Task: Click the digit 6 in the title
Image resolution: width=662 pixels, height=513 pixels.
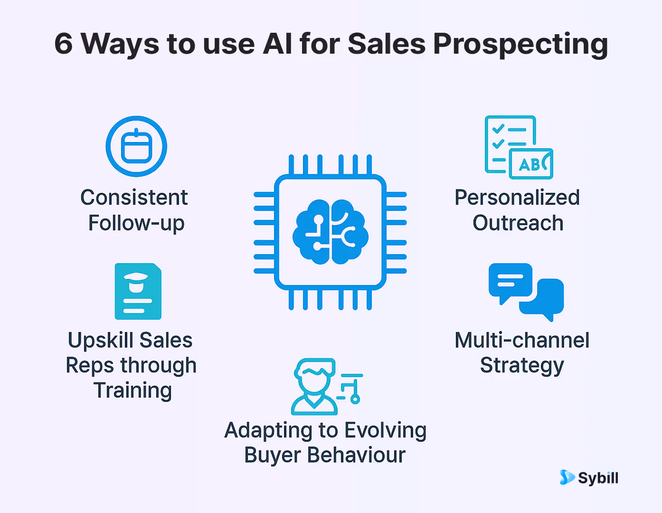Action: [x=64, y=44]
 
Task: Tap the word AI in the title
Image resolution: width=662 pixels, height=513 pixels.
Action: [x=277, y=44]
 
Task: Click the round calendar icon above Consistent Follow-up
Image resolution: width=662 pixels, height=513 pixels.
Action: [x=136, y=146]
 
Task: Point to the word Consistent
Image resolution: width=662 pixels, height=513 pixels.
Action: [x=134, y=198]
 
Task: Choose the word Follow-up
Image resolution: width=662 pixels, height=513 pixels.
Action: [x=136, y=223]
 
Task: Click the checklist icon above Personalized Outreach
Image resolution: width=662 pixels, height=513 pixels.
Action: [x=511, y=142]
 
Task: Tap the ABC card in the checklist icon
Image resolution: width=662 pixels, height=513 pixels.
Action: [x=531, y=164]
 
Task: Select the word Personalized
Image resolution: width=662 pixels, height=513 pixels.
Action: [x=517, y=198]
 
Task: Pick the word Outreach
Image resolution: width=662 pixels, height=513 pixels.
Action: [x=518, y=223]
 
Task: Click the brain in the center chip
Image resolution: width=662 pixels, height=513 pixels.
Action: [x=331, y=232]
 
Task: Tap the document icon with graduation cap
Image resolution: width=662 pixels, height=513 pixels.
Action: [x=138, y=291]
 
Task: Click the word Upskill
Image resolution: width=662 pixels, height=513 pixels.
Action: [x=100, y=341]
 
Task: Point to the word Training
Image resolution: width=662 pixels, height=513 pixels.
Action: [x=132, y=390]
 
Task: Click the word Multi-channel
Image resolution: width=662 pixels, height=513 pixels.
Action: [x=522, y=341]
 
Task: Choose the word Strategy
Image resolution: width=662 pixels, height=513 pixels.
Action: [x=522, y=366]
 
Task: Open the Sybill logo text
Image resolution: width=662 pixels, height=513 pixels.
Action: [x=598, y=478]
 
